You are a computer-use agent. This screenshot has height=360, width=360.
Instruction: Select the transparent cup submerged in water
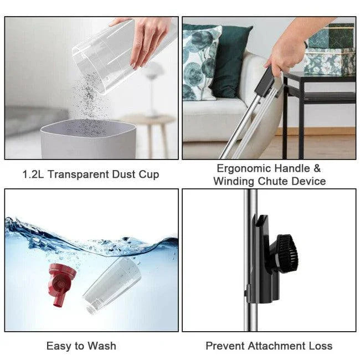111,284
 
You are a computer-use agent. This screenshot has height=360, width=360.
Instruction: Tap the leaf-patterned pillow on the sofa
202,61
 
